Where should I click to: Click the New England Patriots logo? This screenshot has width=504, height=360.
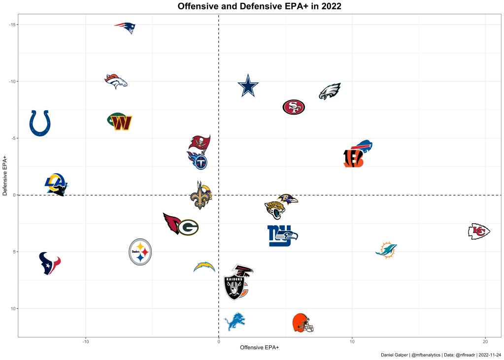coord(125,28)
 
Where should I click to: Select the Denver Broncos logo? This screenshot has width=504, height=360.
coord(116,81)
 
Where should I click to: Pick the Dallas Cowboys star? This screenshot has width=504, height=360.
coord(248,86)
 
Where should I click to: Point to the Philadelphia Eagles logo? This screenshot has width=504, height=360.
coord(330,92)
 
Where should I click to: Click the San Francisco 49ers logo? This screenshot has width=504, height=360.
coord(294,107)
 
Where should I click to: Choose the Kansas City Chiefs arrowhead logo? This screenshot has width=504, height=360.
coord(478,231)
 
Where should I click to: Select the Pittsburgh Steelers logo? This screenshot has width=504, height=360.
coord(140,252)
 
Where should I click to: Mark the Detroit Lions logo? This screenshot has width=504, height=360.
coord(235,322)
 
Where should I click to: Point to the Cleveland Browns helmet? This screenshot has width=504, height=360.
coord(302,323)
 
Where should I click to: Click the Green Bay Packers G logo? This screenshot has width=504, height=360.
coord(188,228)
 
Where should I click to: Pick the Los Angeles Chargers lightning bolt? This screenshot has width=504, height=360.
coord(204,267)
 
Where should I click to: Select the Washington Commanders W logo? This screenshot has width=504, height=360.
coord(120,122)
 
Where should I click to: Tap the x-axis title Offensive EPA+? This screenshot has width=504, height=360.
coord(259,348)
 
